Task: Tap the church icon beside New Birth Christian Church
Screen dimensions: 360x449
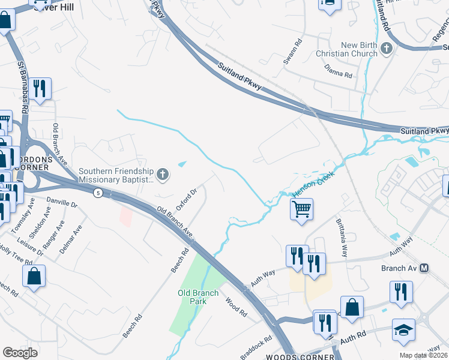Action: [387, 48]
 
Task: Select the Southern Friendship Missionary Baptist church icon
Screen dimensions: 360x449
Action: [162, 175]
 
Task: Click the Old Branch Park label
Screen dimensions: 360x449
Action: [192, 297]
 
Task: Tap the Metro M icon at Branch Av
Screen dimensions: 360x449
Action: [424, 268]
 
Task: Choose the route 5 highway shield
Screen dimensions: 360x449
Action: [97, 193]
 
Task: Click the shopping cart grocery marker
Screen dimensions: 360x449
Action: [301, 209]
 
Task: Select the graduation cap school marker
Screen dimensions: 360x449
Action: [403, 330]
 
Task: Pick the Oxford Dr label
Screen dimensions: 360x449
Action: [187, 199]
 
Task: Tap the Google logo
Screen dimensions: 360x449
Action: [20, 353]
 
